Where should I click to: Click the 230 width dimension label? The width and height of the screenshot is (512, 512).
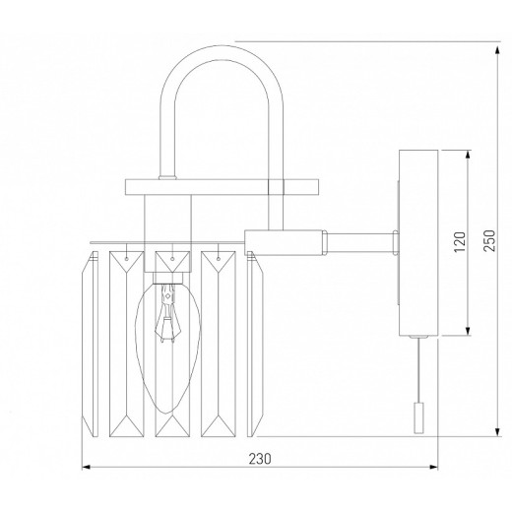260,459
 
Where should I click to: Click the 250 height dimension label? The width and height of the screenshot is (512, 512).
489,240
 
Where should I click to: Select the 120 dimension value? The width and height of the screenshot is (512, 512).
460,241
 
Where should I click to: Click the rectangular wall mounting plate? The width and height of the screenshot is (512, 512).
418,243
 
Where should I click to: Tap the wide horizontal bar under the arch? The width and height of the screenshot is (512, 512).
222,187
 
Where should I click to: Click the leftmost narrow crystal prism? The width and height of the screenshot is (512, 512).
90,344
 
